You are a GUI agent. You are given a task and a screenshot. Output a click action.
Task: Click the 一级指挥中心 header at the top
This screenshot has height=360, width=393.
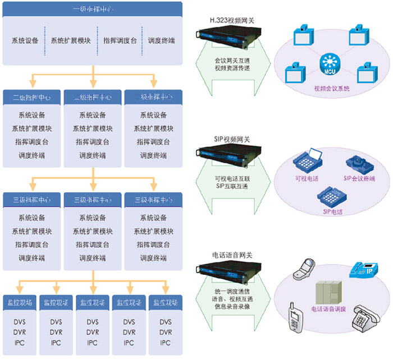93,10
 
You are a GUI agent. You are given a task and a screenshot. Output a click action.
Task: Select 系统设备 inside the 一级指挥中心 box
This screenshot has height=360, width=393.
25,41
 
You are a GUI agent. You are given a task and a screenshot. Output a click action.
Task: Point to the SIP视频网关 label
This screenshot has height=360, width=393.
227,139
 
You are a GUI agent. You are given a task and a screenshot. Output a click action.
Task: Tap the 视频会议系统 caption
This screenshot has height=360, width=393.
331,89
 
